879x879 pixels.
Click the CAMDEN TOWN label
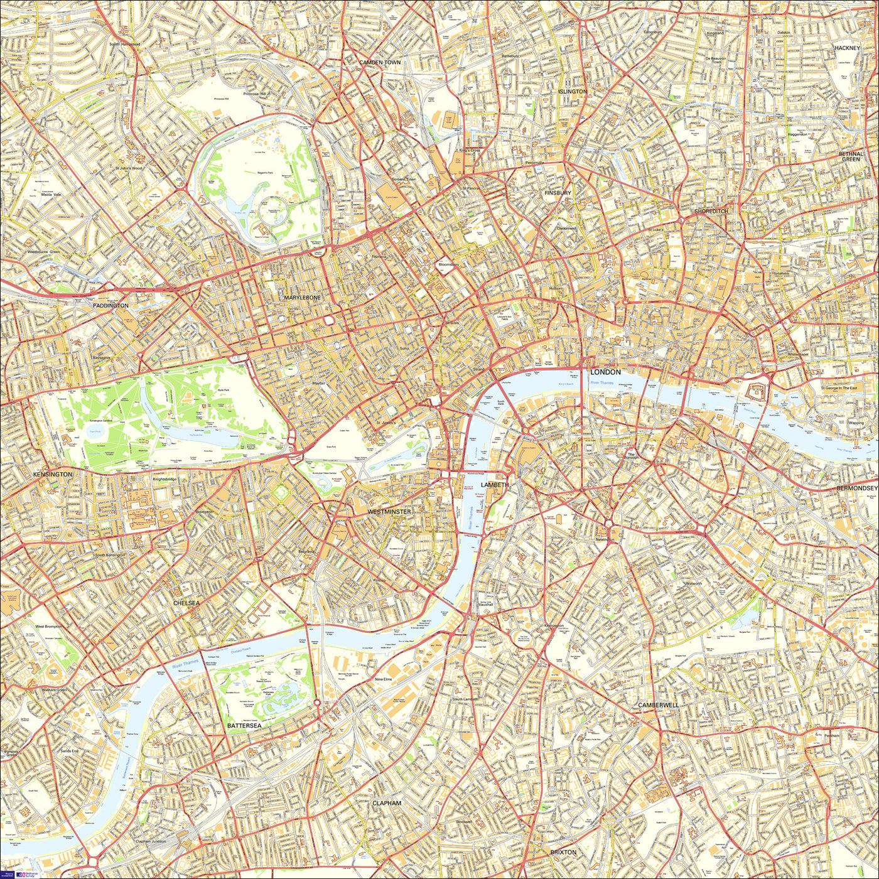(379, 63)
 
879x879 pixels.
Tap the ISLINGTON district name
(572, 92)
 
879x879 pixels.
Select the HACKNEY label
(846, 48)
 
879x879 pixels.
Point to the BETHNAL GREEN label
(851, 156)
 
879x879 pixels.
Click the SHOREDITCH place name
(711, 212)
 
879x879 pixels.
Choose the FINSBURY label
(558, 193)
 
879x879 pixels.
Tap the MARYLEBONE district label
(302, 298)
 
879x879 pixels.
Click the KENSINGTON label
(53, 475)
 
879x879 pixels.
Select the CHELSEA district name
(186, 603)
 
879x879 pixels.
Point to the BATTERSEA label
(244, 725)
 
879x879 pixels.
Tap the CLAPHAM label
(386, 803)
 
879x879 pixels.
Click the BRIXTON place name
(563, 852)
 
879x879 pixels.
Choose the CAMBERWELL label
(658, 705)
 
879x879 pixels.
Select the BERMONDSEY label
(857, 488)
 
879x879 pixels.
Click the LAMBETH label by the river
(495, 485)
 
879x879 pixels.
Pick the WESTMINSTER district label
(389, 512)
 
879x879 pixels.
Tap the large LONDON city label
(605, 372)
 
